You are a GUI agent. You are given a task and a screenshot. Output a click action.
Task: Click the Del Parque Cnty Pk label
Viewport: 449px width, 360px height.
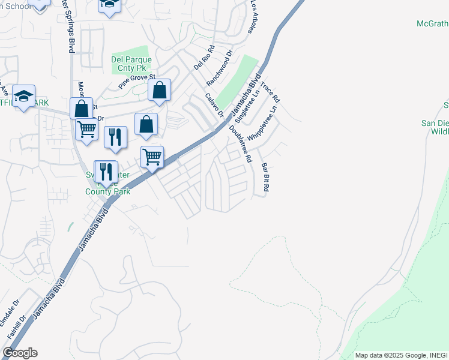[x=131, y=64]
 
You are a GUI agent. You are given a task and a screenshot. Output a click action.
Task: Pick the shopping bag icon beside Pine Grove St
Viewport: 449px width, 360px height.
[x=159, y=91]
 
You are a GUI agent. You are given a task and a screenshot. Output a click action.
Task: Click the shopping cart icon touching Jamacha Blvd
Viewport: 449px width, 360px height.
[x=152, y=157]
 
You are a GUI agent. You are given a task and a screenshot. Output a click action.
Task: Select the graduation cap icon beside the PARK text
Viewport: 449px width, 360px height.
[x=23, y=96]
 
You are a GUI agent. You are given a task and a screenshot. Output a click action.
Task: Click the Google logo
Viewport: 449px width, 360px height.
[x=20, y=353]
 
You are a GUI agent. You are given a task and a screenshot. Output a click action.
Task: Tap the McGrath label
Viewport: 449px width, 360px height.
[x=432, y=23]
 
